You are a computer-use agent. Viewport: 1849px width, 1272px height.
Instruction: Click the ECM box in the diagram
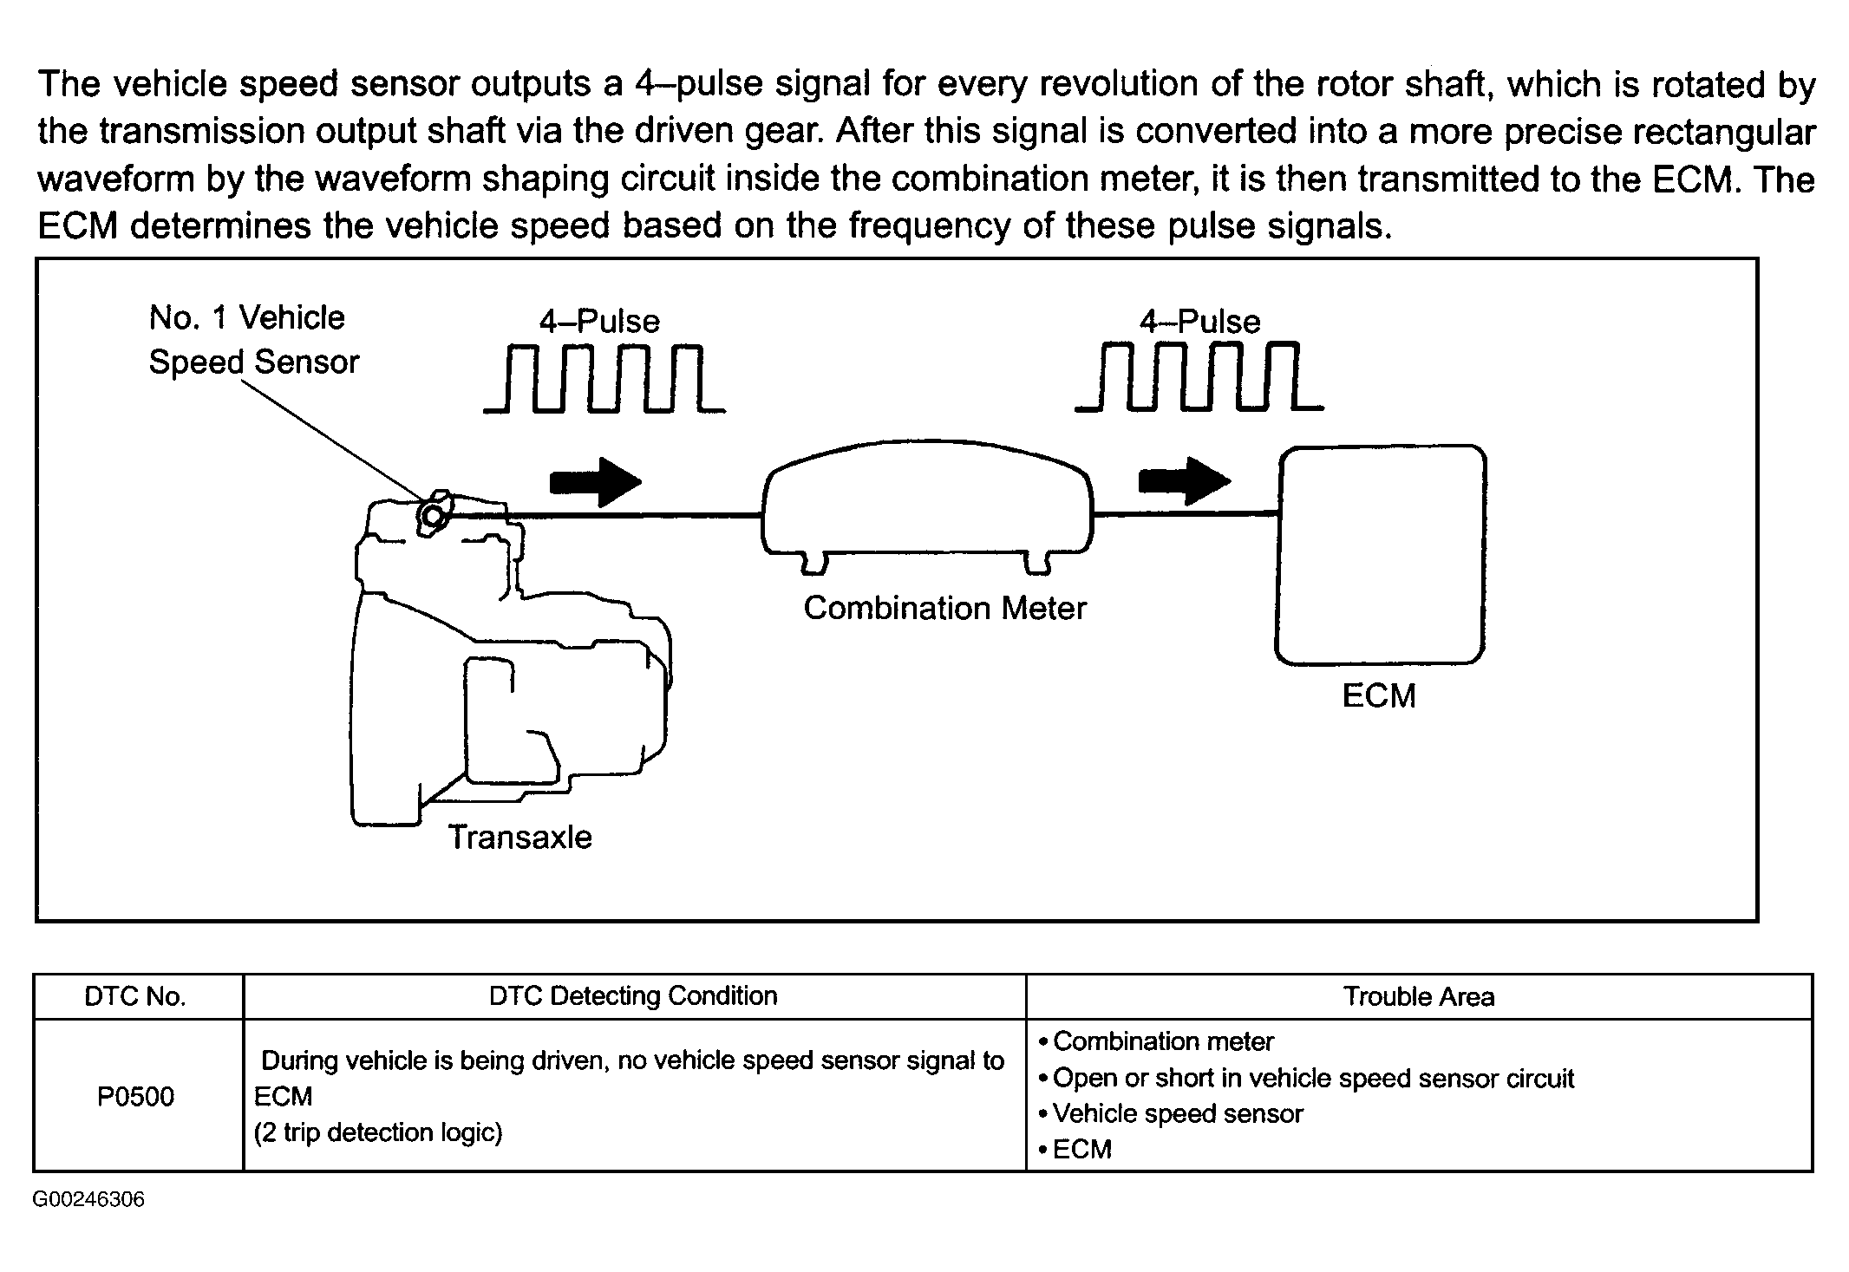(1380, 555)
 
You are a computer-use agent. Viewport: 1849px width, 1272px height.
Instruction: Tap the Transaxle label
(519, 837)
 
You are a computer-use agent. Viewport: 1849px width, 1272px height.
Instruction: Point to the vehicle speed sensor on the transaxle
(431, 515)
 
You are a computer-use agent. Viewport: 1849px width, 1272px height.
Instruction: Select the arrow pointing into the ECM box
(1184, 480)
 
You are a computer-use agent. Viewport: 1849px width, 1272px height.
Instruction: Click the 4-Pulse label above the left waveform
(599, 322)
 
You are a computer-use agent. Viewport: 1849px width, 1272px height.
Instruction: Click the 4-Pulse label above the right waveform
(1199, 322)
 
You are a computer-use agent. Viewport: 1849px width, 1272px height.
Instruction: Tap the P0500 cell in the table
(136, 1096)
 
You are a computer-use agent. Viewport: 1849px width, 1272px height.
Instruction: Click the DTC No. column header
(135, 996)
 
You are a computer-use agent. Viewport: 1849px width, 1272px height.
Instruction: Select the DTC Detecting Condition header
(633, 995)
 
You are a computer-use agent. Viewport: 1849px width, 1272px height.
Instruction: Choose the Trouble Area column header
(1419, 996)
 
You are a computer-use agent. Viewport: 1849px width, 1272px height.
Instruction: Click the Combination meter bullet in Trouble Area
(1162, 1040)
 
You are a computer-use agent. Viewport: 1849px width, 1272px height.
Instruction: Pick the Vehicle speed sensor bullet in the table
(1177, 1113)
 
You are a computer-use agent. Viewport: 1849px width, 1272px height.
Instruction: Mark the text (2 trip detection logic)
(378, 1132)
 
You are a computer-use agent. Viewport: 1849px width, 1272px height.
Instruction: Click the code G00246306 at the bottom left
(88, 1199)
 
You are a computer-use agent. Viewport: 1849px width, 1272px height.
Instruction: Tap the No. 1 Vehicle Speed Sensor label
(252, 340)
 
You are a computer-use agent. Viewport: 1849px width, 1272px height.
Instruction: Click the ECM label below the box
(1379, 695)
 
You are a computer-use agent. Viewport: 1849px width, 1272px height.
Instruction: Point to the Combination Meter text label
(944, 608)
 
